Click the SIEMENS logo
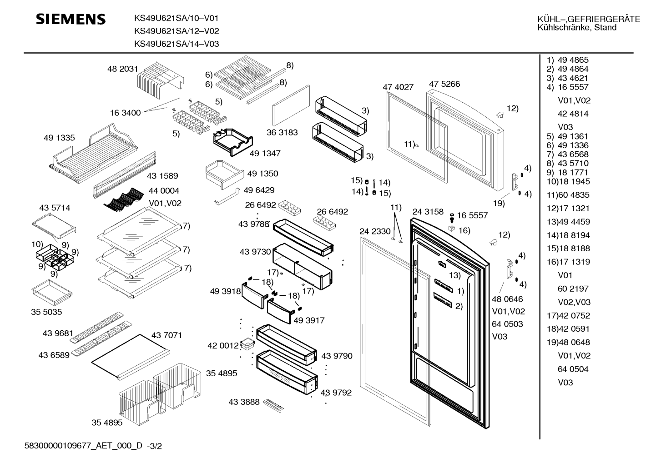pyautogui.click(x=71, y=19)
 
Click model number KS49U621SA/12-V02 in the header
pyautogui.click(x=177, y=31)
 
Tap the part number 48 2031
pyautogui.click(x=122, y=69)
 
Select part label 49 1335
pyautogui.click(x=59, y=138)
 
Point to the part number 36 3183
pyautogui.click(x=282, y=133)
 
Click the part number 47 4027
pyautogui.click(x=398, y=87)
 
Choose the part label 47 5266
pyautogui.click(x=444, y=84)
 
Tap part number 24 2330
pyautogui.click(x=375, y=231)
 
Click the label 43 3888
pyautogui.click(x=244, y=402)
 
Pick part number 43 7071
pyautogui.click(x=167, y=335)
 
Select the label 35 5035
pyautogui.click(x=46, y=312)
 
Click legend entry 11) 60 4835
pyautogui.click(x=568, y=195)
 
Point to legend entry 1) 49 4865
pyautogui.click(x=567, y=60)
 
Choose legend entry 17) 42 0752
pyautogui.click(x=568, y=316)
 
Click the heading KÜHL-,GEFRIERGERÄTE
pyautogui.click(x=588, y=20)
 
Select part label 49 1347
pyautogui.click(x=265, y=154)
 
